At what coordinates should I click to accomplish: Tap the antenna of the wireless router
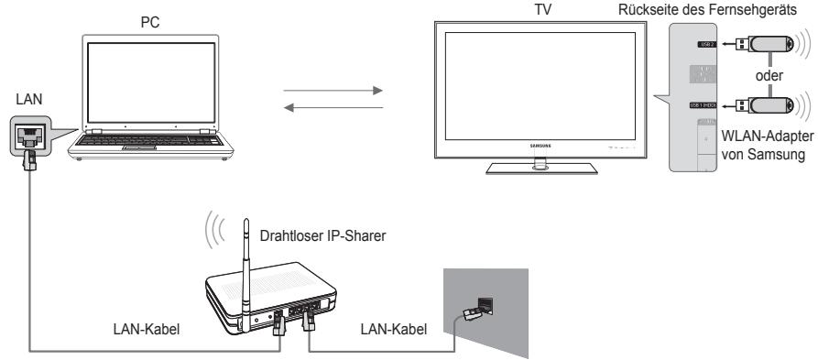[x=246, y=267]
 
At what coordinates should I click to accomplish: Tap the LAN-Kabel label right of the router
[x=386, y=328]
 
